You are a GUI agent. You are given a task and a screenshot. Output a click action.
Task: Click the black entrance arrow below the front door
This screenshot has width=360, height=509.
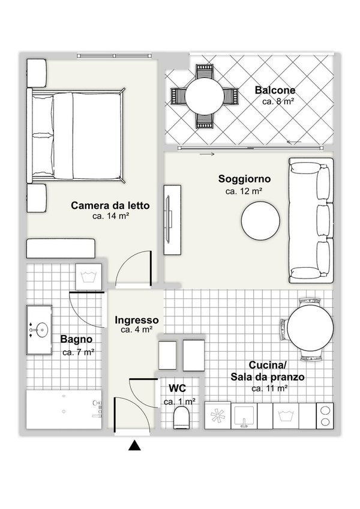pyautogui.click(x=134, y=445)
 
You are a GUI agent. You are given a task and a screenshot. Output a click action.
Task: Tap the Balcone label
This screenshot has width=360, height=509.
pyautogui.click(x=275, y=90)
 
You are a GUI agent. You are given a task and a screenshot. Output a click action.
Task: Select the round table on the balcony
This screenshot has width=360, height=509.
pyautogui.click(x=205, y=96)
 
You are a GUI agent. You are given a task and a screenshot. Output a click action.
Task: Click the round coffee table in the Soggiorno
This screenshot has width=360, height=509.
pyautogui.click(x=260, y=221)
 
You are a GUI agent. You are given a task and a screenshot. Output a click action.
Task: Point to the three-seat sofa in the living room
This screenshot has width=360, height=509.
pyautogui.click(x=311, y=220)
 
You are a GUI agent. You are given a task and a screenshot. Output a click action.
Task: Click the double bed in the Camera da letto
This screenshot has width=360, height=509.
pyautogui.click(x=77, y=136)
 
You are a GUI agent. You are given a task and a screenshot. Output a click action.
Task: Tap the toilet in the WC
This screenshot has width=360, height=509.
pyautogui.click(x=181, y=417)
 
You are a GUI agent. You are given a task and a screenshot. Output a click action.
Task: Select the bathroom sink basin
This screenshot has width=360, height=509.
pyautogui.click(x=42, y=330)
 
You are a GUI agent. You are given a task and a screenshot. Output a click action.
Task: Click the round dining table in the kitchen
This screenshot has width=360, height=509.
pyautogui.click(x=310, y=328)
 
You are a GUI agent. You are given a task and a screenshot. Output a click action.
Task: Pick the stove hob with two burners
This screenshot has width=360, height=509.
pyautogui.click(x=325, y=416)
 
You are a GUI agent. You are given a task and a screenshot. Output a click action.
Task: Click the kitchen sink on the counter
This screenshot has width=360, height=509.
pyautogui.click(x=244, y=416)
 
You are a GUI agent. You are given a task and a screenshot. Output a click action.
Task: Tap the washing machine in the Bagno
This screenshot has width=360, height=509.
pyautogui.click(x=89, y=277)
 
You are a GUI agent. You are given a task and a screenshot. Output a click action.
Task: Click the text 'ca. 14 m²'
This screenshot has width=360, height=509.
pyautogui.click(x=111, y=216)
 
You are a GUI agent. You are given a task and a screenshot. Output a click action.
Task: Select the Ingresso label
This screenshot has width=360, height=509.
pyautogui.click(x=137, y=320)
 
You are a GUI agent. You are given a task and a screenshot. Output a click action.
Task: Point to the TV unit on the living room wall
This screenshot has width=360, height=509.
pyautogui.click(x=172, y=220)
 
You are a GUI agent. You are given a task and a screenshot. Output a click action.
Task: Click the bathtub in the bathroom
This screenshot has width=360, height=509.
pyautogui.click(x=64, y=409)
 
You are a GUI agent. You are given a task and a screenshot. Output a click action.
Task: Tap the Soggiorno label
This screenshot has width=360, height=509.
pyautogui.click(x=244, y=179)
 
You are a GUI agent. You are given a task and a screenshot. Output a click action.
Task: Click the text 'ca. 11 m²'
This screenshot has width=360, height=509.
pyautogui.click(x=270, y=388)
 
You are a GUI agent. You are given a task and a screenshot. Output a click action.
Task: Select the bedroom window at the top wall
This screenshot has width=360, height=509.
pyautogui.click(x=114, y=56)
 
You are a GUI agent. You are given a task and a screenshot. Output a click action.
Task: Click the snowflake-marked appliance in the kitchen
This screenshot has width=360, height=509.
pyautogui.click(x=217, y=416)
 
